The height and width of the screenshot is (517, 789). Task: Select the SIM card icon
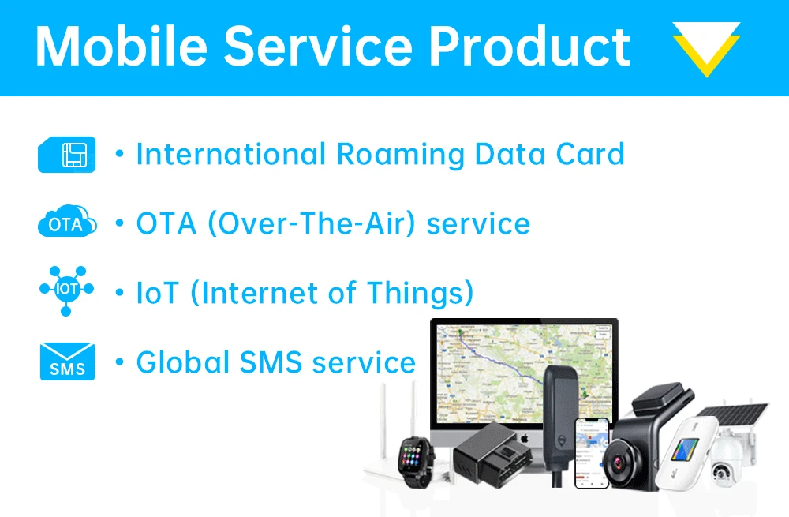(67, 155)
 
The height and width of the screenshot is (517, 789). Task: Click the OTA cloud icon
(67, 224)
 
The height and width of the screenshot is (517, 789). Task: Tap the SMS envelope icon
(67, 362)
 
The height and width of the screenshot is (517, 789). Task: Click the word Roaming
(400, 154)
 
